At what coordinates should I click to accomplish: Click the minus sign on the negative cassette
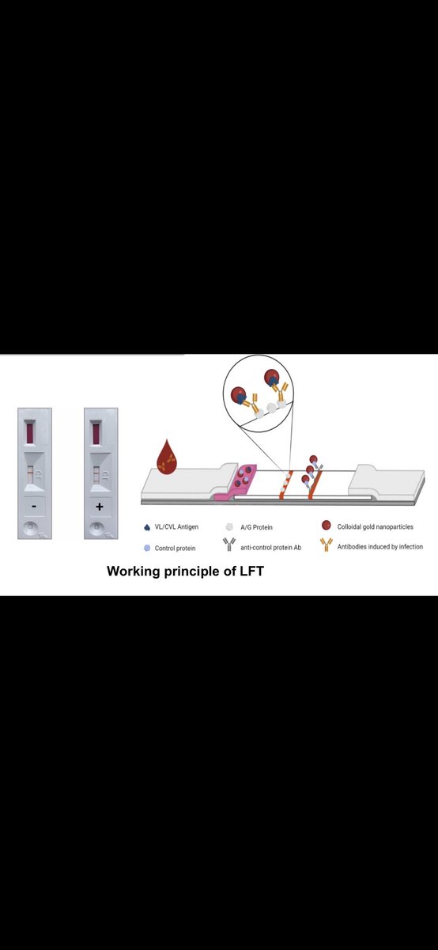click(x=34, y=506)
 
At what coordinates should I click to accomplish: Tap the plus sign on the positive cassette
click(x=100, y=507)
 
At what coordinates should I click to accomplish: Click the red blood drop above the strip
click(x=167, y=457)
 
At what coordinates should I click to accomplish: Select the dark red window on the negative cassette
click(x=30, y=432)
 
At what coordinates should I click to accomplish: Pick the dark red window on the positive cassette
click(x=96, y=433)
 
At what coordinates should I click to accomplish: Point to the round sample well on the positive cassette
click(x=96, y=529)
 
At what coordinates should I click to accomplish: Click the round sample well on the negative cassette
click(x=30, y=529)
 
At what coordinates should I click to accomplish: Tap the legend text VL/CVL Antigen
click(x=176, y=526)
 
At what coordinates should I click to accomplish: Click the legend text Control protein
click(x=175, y=548)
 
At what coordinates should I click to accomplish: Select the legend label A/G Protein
click(x=256, y=527)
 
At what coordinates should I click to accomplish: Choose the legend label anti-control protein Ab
click(x=270, y=548)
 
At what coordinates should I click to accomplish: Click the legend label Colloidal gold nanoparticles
click(x=375, y=526)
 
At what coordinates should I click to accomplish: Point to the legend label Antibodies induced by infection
click(x=380, y=547)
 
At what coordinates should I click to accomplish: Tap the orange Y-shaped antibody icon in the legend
click(x=327, y=545)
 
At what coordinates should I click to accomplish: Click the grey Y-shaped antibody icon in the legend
click(x=229, y=545)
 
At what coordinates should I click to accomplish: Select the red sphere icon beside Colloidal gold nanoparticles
click(x=327, y=526)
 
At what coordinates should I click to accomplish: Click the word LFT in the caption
click(x=251, y=571)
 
